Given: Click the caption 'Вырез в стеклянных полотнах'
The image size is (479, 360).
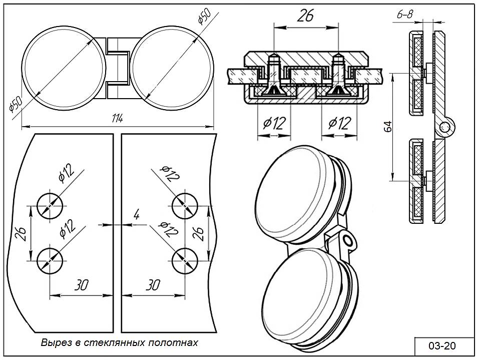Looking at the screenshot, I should pos(120,343).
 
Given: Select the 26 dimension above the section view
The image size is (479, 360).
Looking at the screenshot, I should pos(305,16).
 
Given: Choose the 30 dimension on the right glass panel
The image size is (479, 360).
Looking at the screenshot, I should pos(152,285).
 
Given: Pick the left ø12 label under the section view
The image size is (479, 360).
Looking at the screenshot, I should pos(275,122).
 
